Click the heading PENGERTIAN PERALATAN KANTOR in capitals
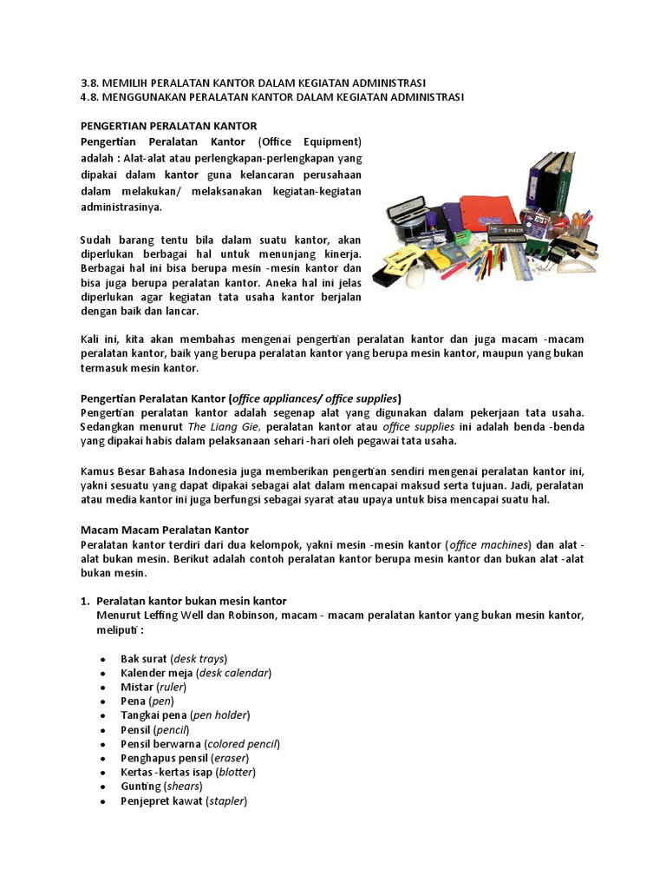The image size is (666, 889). pos(168,126)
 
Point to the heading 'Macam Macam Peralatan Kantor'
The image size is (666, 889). pos(165,530)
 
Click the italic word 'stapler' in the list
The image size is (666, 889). pos(227,801)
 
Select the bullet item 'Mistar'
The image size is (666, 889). pos(137,687)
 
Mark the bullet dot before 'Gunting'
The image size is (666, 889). pos(103,787)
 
